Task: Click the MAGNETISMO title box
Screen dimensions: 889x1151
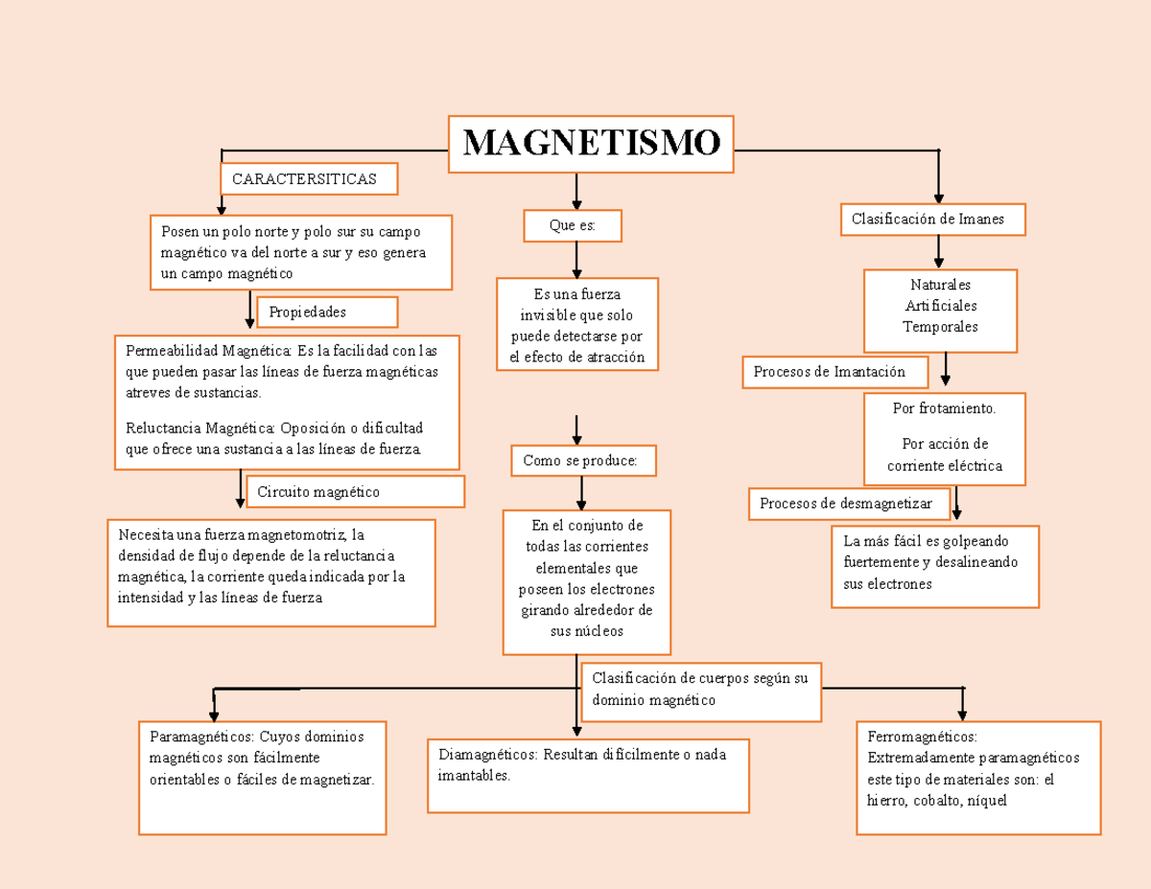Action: click(591, 144)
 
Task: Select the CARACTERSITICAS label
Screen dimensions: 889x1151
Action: click(308, 179)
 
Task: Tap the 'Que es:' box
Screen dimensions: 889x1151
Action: click(573, 226)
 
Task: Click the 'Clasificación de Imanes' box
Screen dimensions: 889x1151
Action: click(933, 220)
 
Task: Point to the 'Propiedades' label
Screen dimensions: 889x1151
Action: click(326, 313)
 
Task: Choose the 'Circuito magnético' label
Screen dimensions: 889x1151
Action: click(355, 492)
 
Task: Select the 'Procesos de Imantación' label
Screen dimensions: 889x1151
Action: click(834, 372)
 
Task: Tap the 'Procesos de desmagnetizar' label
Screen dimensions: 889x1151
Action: click(849, 503)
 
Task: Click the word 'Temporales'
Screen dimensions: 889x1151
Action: click(940, 327)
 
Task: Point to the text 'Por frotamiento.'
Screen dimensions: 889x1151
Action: click(944, 409)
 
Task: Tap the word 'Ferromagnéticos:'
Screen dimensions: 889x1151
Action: click(922, 737)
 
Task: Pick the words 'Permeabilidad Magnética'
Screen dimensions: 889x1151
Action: click(208, 350)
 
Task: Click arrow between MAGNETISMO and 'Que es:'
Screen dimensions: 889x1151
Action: click(576, 191)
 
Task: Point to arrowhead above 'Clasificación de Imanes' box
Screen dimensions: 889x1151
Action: click(938, 197)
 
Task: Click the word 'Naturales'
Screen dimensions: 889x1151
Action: click(940, 285)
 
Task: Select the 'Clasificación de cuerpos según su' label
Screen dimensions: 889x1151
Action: click(700, 679)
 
